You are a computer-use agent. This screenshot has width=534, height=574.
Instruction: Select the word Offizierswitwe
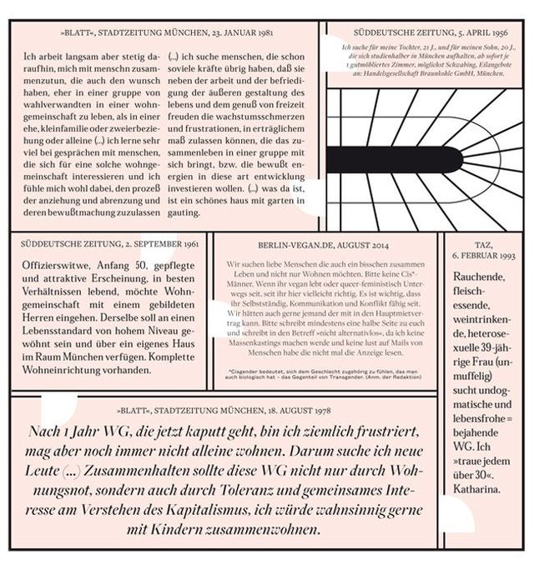coord(55,266)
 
